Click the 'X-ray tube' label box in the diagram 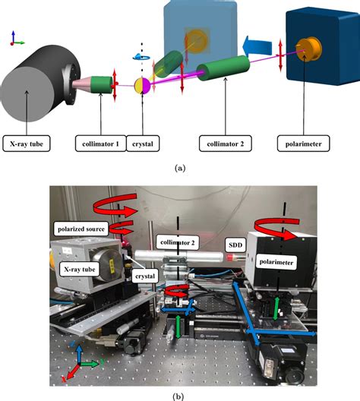coord(28,142)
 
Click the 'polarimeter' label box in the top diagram coord(305,142)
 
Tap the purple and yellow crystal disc coord(142,85)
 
